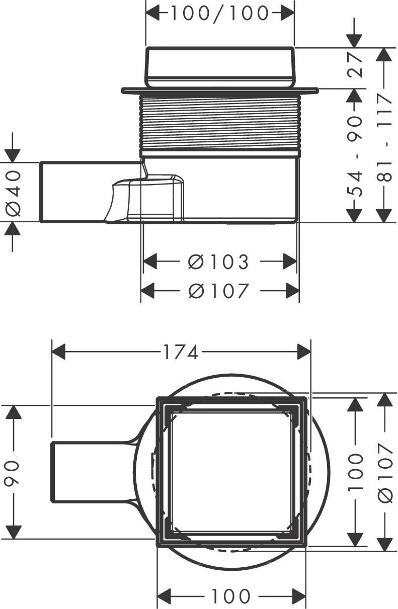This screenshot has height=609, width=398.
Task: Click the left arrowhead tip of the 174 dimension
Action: click(52, 352)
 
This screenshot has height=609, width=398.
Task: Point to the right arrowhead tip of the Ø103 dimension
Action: click(296, 262)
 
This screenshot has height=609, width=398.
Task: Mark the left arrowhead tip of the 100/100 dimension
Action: click(146, 13)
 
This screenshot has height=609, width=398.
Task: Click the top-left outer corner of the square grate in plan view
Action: click(157, 397)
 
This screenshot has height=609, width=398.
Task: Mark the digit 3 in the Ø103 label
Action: click(242, 262)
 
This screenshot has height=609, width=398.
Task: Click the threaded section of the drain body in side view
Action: click(220, 122)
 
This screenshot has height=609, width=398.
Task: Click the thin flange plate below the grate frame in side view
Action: click(220, 91)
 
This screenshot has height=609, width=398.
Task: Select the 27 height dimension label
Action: click(355, 65)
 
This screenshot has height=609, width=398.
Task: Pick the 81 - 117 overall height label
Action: click(384, 137)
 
